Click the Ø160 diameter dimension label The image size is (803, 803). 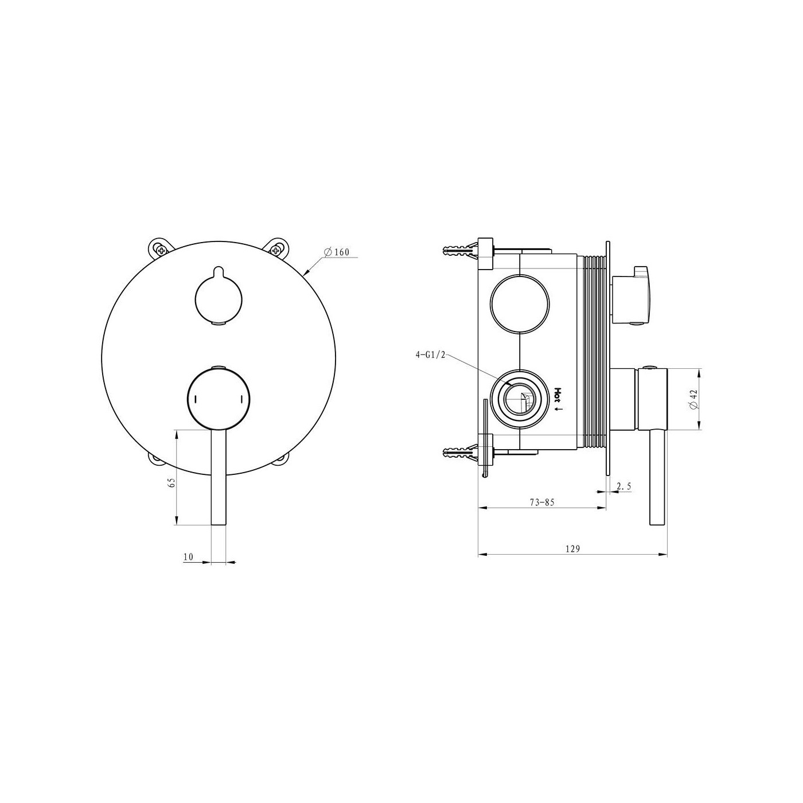tap(336, 252)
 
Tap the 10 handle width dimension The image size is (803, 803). tap(188, 557)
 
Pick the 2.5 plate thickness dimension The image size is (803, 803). tap(624, 485)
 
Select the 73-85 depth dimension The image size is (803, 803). tap(542, 502)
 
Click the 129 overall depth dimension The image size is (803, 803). tap(572, 549)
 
